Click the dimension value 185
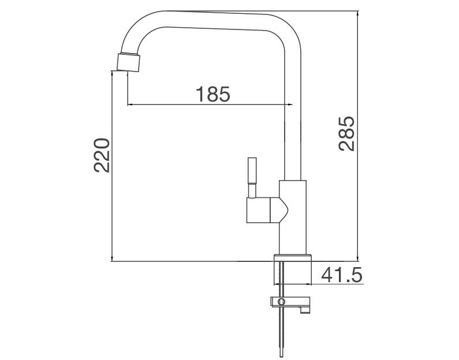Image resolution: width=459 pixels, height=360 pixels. click(x=212, y=93)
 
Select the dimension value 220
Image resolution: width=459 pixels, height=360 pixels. click(x=102, y=155)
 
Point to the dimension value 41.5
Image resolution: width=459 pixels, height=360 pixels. click(x=341, y=275)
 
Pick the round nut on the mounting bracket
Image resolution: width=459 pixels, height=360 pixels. click(x=281, y=301)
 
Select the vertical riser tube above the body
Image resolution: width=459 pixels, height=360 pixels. click(x=293, y=115)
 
